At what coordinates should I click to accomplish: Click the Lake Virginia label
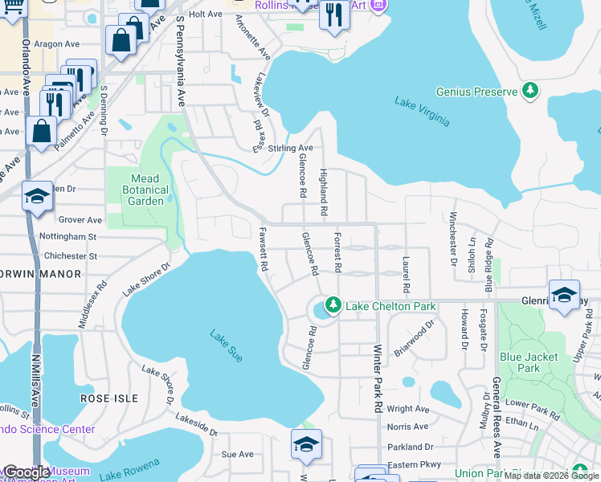coord(422,112)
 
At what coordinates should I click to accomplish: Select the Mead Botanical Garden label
coord(148,190)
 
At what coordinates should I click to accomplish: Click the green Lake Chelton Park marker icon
coord(332,306)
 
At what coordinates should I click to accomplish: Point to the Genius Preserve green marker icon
coord(529,92)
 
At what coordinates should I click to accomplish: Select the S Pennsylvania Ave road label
coord(181,61)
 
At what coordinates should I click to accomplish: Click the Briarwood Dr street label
coord(415,340)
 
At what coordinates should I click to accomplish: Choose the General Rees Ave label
coord(497,417)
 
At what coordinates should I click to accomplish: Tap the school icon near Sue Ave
coord(306,443)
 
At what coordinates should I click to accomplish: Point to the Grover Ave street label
coord(80,219)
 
